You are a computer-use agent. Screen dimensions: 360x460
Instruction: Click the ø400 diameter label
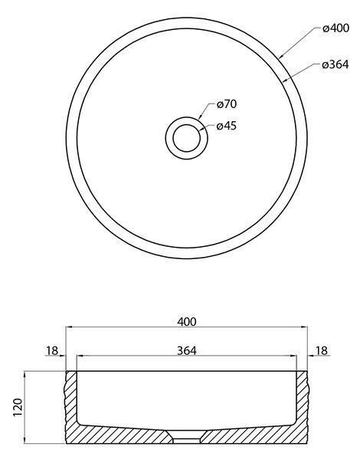(x=336, y=28)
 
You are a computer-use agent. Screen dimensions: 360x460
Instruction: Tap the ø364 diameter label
(x=335, y=64)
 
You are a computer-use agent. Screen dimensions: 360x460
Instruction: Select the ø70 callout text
(x=227, y=104)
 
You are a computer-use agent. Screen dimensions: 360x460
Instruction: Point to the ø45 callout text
(x=226, y=126)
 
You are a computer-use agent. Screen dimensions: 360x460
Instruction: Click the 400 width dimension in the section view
(x=187, y=322)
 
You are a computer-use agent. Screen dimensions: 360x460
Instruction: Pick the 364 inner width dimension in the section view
(x=187, y=350)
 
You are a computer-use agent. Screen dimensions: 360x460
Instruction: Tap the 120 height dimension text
(x=18, y=407)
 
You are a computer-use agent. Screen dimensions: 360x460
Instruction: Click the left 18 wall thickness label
(x=52, y=350)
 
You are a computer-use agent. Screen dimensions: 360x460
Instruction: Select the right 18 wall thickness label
(x=321, y=350)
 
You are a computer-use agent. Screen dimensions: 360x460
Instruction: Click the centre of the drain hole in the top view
(x=186, y=138)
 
